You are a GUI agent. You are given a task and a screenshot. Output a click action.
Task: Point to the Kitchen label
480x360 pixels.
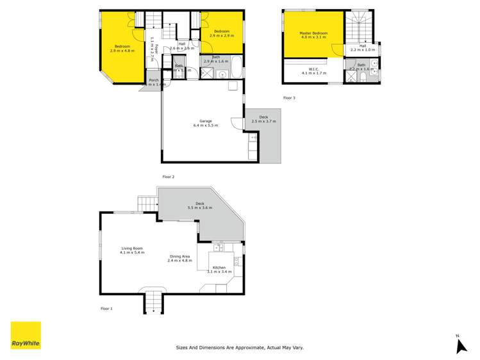click(x=219, y=267)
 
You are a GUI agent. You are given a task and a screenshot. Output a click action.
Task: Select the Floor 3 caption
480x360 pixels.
click(x=290, y=98)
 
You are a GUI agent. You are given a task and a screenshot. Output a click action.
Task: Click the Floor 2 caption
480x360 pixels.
click(x=169, y=176)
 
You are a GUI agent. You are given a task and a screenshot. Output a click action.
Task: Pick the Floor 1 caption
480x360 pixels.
click(x=106, y=309)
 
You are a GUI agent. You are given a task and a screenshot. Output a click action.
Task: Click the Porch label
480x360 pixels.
click(x=154, y=80)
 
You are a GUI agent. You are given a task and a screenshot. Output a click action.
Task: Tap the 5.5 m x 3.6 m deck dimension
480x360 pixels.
click(x=199, y=208)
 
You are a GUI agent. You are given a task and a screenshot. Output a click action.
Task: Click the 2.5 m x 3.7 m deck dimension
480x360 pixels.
click(x=263, y=121)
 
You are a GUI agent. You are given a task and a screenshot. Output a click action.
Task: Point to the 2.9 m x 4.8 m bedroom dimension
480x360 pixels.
click(x=122, y=51)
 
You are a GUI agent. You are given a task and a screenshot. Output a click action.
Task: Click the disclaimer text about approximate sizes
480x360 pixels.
click(x=240, y=348)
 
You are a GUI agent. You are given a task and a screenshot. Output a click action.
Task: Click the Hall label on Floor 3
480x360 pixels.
click(x=363, y=45)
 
